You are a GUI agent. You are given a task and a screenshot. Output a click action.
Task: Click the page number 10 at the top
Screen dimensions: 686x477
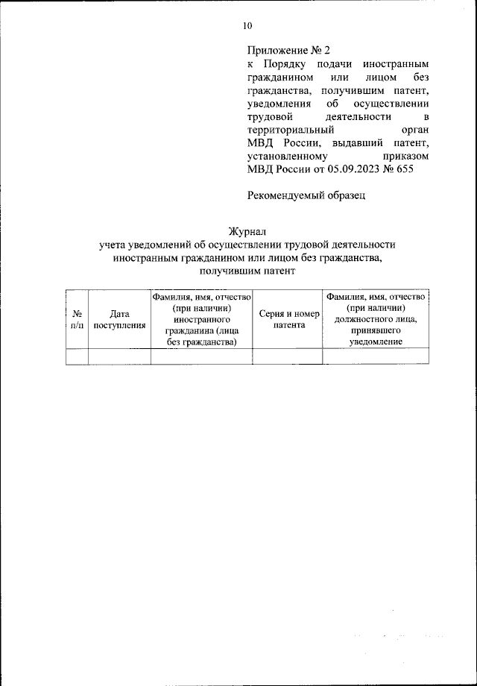pos(247,26)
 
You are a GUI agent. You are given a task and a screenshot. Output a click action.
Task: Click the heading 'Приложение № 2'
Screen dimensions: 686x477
pos(288,51)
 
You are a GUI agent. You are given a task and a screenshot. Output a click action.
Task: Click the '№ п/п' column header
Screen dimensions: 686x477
pos(77,319)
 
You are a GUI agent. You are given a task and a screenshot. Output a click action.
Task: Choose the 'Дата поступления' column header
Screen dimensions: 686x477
pos(119,319)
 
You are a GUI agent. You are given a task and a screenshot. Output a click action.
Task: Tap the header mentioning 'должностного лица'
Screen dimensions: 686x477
pos(376,319)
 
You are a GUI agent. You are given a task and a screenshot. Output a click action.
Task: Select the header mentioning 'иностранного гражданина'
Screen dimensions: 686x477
pos(201,319)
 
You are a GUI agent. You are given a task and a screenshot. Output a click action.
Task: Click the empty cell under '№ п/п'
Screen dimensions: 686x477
pos(77,356)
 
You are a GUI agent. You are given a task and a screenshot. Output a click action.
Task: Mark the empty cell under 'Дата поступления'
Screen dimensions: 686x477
pos(119,356)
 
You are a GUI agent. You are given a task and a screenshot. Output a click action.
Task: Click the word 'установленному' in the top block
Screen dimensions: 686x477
pos(287,157)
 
